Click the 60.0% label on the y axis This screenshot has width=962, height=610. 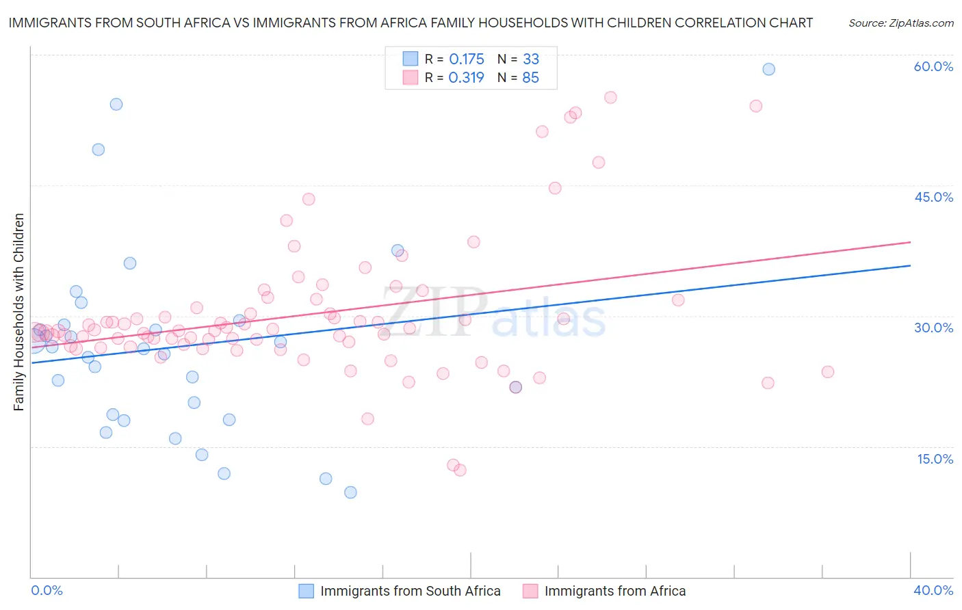tap(933, 66)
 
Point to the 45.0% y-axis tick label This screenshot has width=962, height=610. tap(933, 197)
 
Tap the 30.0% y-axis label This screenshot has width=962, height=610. tap(933, 328)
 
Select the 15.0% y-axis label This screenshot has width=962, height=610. tap(935, 459)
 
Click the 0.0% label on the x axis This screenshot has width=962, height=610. tap(47, 590)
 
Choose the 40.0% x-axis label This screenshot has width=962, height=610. tap(933, 590)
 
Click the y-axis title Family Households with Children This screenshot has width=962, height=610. tap(18, 312)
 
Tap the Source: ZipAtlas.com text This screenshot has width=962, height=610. tap(900, 23)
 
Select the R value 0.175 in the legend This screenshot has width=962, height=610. tap(467, 59)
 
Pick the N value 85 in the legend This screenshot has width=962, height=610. tap(530, 78)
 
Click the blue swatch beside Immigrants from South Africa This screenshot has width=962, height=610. tap(306, 591)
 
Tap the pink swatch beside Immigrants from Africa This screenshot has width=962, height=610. tap(530, 591)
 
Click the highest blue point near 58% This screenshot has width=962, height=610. tap(768, 69)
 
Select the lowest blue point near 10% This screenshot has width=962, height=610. tap(350, 492)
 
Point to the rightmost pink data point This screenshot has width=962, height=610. tap(827, 372)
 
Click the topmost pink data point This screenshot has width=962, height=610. tap(610, 98)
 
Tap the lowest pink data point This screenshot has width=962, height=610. tap(460, 470)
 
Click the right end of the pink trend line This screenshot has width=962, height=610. tap(910, 242)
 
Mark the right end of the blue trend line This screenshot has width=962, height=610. tap(910, 265)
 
